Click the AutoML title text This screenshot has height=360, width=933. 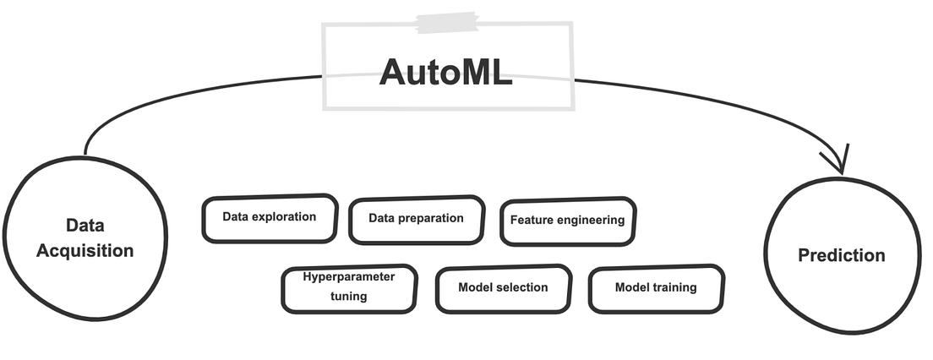[x=445, y=72]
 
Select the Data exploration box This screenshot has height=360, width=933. [x=270, y=217]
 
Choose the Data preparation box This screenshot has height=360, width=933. [x=417, y=219]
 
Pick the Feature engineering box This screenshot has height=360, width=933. [x=567, y=221]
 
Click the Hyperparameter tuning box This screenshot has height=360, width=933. [x=349, y=286]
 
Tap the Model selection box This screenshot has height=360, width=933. [x=503, y=288]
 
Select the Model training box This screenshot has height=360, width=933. [x=656, y=288]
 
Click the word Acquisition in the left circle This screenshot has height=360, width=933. [x=85, y=251]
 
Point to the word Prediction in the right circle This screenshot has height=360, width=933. [x=842, y=255]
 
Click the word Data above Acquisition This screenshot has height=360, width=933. [x=85, y=226]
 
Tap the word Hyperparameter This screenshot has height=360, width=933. [x=348, y=276]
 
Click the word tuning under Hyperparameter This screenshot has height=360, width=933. [x=349, y=297]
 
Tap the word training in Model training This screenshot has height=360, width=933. [x=674, y=288]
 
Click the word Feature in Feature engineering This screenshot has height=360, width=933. [x=529, y=221]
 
